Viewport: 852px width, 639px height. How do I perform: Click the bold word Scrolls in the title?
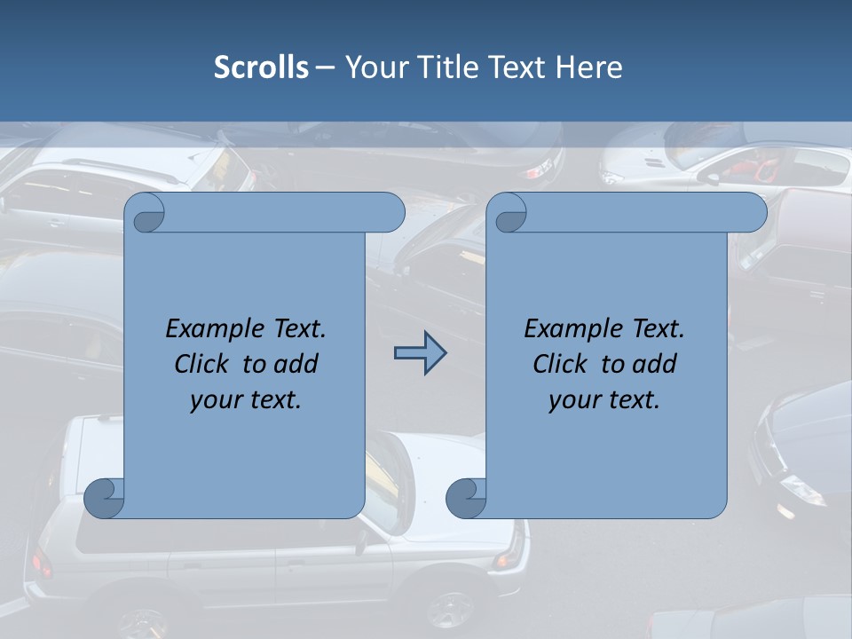coord(261,67)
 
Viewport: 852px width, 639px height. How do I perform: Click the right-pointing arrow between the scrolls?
coord(420,354)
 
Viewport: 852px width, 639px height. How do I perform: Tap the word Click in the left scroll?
coord(203,364)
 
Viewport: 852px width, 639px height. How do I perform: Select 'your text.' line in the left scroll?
coord(246,399)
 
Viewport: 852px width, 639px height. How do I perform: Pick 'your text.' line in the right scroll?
coord(604,399)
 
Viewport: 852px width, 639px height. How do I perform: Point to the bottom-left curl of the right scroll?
coord(466,497)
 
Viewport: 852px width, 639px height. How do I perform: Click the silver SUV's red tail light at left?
coord(41,563)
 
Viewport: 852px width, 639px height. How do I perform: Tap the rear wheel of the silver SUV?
coord(450,611)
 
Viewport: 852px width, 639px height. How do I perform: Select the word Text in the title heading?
coord(515,67)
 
